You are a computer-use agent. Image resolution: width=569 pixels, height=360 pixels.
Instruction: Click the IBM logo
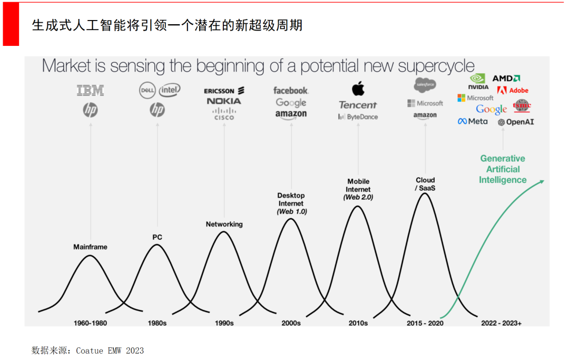pyautogui.click(x=91, y=91)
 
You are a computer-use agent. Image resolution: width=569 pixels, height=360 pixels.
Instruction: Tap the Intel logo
pyautogui.click(x=170, y=90)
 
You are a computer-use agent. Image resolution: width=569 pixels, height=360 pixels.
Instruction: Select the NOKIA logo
pyautogui.click(x=224, y=101)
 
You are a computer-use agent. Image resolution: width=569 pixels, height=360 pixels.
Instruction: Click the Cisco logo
pyautogui.click(x=224, y=114)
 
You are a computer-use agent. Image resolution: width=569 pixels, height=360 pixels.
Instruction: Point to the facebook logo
pyautogui.click(x=291, y=91)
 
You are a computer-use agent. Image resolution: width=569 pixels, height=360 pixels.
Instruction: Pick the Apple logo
pyautogui.click(x=358, y=88)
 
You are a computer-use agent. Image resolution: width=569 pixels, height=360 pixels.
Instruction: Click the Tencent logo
pyautogui.click(x=358, y=104)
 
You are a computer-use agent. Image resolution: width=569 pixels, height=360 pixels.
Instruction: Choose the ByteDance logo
pyautogui.click(x=358, y=116)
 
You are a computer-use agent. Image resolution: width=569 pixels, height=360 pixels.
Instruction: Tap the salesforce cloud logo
pyautogui.click(x=425, y=84)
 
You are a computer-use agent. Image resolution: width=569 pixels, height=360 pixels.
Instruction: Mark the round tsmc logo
pyautogui.click(x=522, y=105)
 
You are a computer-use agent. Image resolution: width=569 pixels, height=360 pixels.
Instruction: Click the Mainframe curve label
pyautogui.click(x=90, y=247)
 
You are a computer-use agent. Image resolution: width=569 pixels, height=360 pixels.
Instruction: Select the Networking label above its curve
pyautogui.click(x=224, y=224)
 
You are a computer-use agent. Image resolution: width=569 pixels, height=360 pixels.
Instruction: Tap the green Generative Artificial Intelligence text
pyautogui.click(x=503, y=169)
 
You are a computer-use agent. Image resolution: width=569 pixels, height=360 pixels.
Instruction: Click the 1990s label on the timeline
pyautogui.click(x=224, y=323)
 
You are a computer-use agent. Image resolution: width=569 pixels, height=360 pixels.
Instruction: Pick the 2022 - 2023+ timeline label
pyautogui.click(x=501, y=323)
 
